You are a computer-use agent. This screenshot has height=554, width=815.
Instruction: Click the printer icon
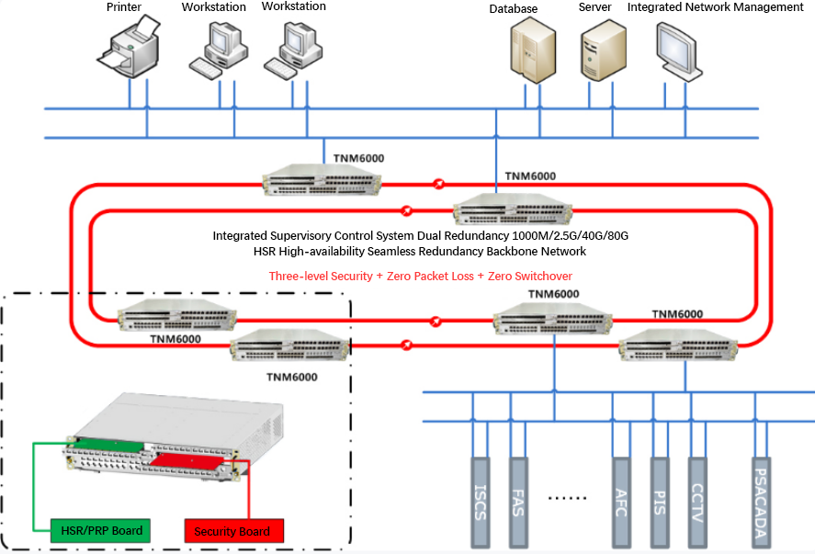point(129,47)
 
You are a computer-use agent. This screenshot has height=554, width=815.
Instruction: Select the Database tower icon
point(533,50)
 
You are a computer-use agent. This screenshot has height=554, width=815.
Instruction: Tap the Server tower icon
point(603,50)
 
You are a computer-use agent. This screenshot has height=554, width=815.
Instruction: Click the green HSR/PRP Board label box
point(101,531)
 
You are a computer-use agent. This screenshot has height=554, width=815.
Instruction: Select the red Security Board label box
point(234,531)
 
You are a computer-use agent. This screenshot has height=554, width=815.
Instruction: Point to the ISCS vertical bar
point(481,503)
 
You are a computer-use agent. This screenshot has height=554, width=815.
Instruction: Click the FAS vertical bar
point(518,503)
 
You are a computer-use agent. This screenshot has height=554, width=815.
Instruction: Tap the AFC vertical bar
point(622,503)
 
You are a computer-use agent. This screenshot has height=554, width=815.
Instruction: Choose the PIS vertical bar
point(660,503)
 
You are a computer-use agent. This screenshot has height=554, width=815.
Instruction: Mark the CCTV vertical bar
point(697,503)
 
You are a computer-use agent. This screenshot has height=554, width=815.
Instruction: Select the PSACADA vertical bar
point(761,503)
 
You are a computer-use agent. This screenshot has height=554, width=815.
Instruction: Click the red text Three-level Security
point(321,276)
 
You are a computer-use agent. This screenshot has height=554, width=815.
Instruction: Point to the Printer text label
point(124,6)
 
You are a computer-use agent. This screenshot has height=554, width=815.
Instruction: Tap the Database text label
point(513,9)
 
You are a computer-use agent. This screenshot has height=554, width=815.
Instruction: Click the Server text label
point(594,7)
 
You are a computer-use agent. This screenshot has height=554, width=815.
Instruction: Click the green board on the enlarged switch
point(108,445)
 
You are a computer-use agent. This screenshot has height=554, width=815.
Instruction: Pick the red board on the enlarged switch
point(187,461)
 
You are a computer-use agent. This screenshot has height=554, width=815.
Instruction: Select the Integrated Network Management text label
point(715,7)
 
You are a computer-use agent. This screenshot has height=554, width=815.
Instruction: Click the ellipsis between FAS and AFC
point(567,498)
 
